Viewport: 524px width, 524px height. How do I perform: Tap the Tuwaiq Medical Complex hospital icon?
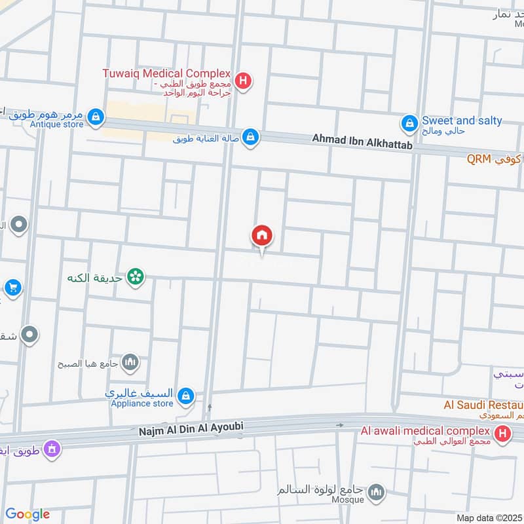coord(243,82)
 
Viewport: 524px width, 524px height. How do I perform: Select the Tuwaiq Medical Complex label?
coord(166,73)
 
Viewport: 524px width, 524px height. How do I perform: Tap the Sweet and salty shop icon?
coord(409,122)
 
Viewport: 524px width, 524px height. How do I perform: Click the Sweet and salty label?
coord(462,121)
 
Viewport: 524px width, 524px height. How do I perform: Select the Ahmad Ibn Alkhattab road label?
coord(362,141)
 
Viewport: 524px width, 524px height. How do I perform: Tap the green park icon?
coord(136,278)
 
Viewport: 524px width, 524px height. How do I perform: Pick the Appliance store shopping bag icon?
coord(186,396)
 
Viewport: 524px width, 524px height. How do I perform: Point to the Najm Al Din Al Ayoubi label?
coord(191,427)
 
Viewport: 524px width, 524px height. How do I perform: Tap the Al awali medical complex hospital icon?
coord(502,433)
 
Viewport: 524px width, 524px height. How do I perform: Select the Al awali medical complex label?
coord(425,431)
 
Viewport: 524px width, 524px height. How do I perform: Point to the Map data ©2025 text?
coord(489,517)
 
